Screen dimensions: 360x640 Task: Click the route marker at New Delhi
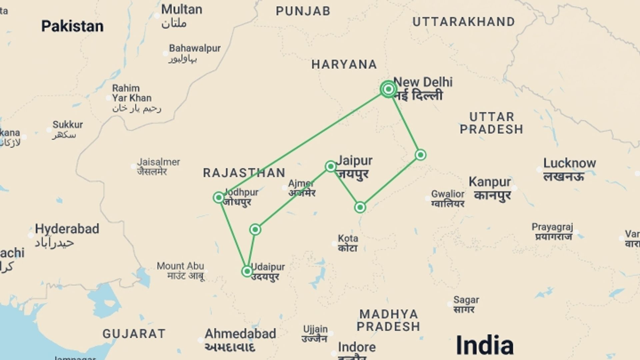pos(388,89)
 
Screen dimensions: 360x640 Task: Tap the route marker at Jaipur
pos(331,166)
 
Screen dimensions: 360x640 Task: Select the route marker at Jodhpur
pos(219,198)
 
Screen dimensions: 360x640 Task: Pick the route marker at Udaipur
pos(247,271)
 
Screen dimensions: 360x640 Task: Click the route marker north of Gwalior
pos(421,155)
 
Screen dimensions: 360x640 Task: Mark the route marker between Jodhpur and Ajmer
pos(255,229)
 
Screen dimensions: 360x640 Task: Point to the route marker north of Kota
pos(360,207)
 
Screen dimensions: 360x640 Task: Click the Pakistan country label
pos(72,26)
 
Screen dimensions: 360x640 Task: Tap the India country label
pos(484,345)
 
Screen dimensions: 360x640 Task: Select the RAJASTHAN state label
pos(244,173)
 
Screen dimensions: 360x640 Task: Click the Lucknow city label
pos(569,163)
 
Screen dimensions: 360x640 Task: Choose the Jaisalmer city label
pos(158,162)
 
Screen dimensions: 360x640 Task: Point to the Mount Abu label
pos(180,266)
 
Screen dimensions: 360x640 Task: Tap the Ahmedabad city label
pos(240,334)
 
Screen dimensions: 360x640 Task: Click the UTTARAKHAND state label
pos(464,22)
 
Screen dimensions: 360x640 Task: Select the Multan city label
pos(182,9)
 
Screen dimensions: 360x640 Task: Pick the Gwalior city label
pos(448,194)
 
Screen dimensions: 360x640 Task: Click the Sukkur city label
pos(68,125)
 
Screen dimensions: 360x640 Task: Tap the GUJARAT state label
pos(134,334)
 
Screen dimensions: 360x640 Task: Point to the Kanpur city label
pos(490,182)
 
